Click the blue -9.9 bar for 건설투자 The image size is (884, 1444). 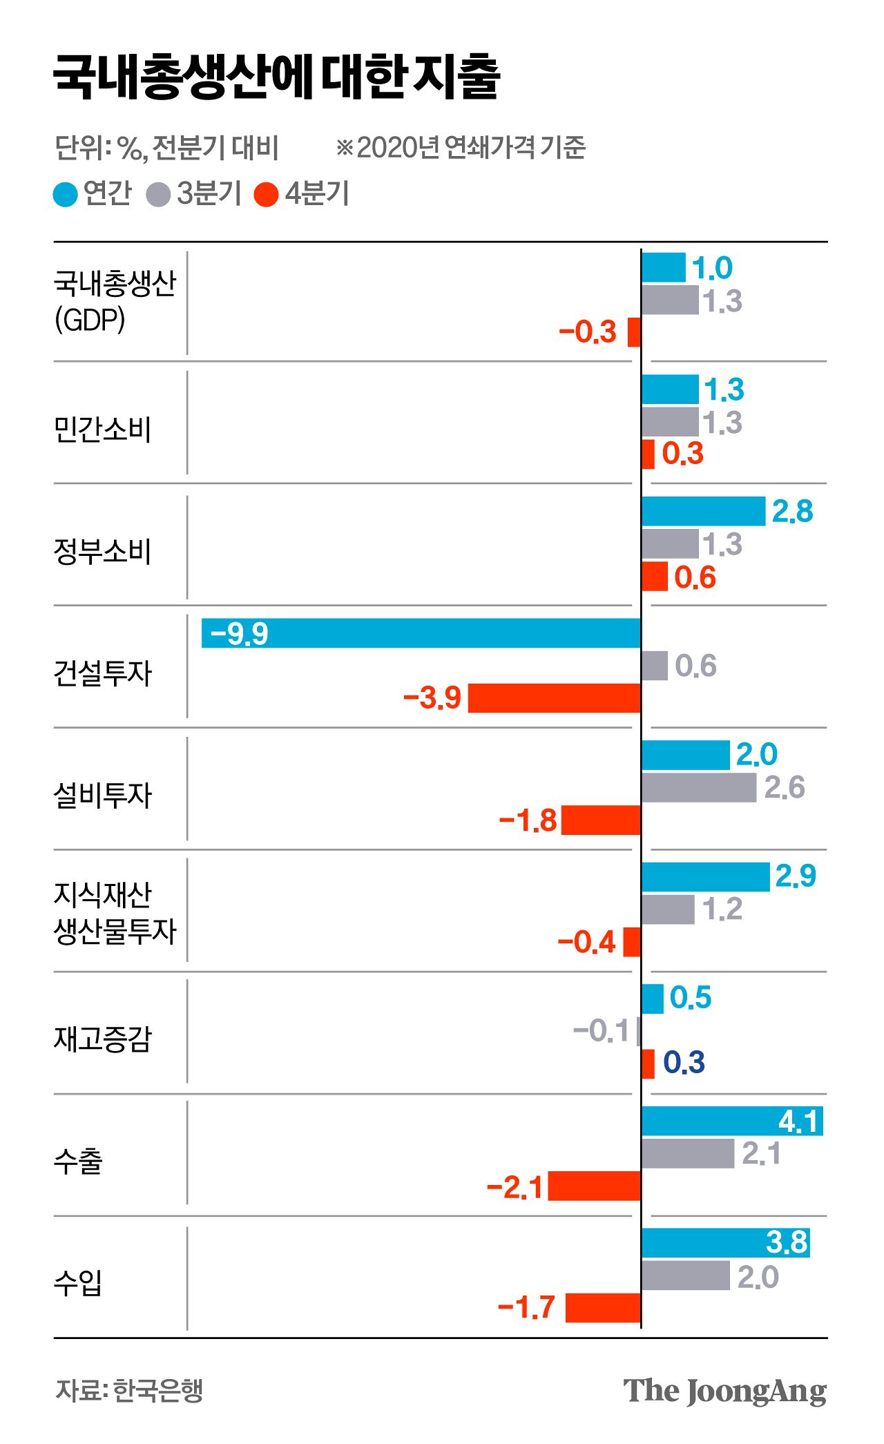coord(421,633)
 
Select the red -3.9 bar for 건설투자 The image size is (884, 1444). coord(555,698)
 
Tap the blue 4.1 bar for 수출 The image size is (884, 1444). coord(732,1121)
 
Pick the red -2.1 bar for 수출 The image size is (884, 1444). coord(595,1186)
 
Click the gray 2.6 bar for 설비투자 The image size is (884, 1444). coord(699,787)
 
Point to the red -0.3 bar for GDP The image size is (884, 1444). coord(634,332)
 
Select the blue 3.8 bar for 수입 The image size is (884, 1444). coord(725,1243)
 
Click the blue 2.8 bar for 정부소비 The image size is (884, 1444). coord(703,511)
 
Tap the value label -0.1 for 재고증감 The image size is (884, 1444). coord(601,1031)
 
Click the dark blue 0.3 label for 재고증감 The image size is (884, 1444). coord(684,1063)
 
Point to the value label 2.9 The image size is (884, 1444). coord(796,876)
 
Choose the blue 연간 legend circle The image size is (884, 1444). coord(65,194)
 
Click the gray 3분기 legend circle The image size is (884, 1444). coord(158,194)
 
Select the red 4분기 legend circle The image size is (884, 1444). coord(266,194)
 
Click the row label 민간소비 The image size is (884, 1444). coord(102,430)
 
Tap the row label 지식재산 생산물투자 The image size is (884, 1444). coord(115,912)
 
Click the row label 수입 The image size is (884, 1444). coord(78,1282)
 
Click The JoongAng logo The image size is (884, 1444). coord(724,1391)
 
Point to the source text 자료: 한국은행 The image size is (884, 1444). coord(129,1390)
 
